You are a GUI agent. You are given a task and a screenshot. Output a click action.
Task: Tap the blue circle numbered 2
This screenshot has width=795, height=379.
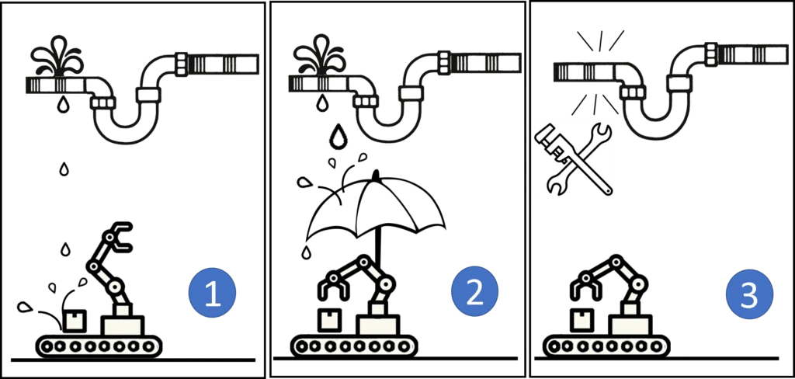click(x=474, y=292)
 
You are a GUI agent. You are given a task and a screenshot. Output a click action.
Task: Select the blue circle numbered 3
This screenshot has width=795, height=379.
click(x=749, y=294)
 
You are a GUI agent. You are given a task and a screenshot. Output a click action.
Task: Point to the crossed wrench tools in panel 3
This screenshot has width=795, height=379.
click(x=574, y=160)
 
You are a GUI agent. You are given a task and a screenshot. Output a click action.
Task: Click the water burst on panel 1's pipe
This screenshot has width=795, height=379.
click(x=57, y=57)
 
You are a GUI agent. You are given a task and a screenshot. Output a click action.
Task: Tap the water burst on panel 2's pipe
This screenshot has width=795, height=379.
click(x=319, y=55)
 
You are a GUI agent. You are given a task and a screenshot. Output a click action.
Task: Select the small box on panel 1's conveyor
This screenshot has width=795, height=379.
click(x=75, y=321)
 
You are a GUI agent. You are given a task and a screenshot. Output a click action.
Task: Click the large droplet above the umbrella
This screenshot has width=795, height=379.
click(x=336, y=136)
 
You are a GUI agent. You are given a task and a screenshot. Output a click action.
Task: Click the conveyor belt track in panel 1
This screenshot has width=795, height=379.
click(x=95, y=347)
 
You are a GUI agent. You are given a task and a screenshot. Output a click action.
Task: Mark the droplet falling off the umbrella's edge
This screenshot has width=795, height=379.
click(x=305, y=252)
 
